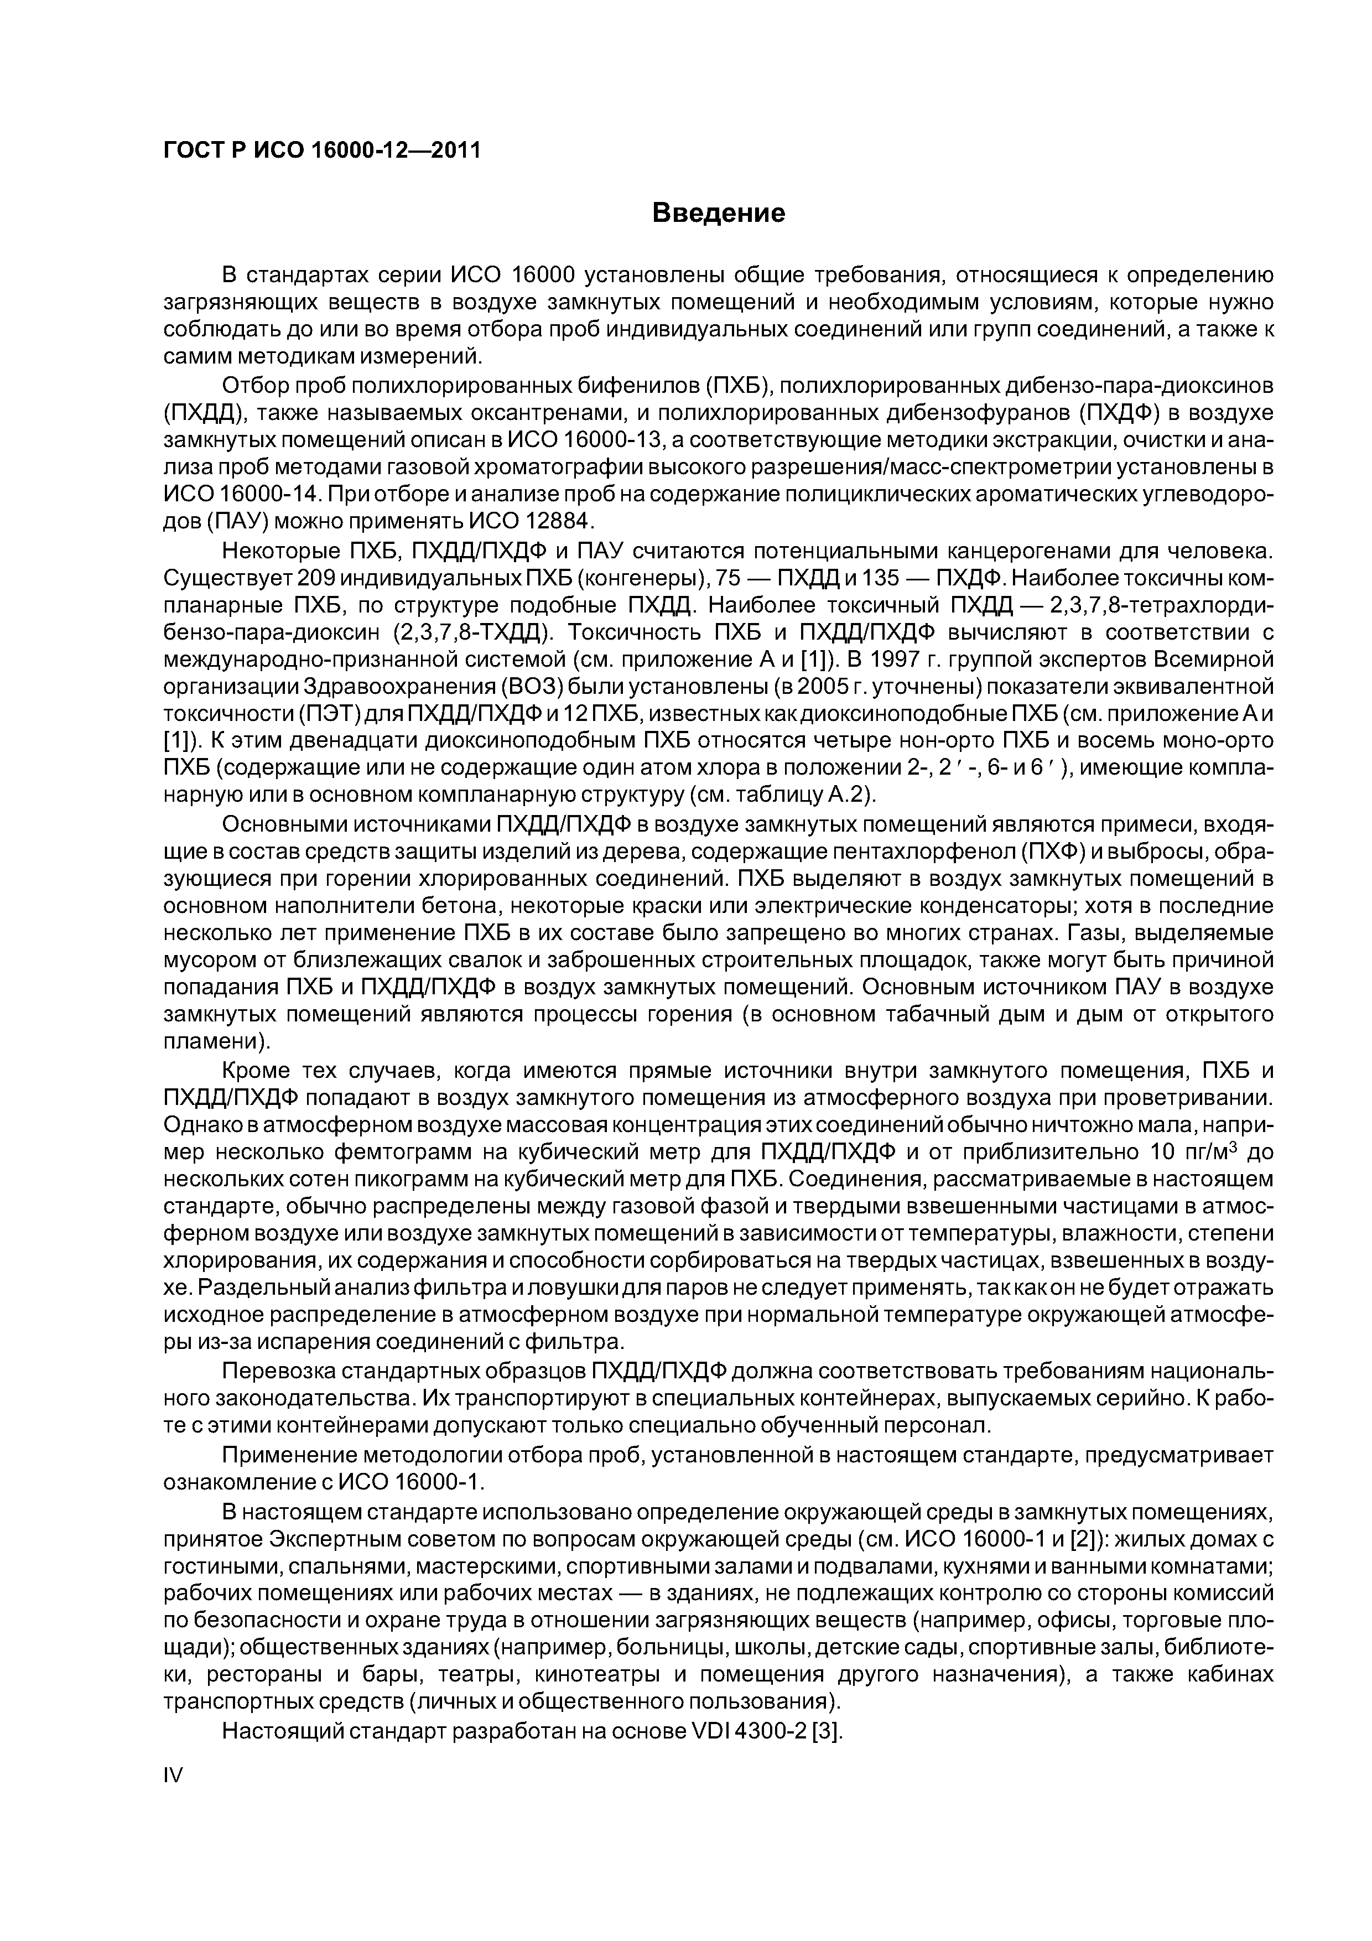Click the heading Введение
click(x=719, y=213)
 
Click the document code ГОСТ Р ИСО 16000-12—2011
click(x=321, y=150)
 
